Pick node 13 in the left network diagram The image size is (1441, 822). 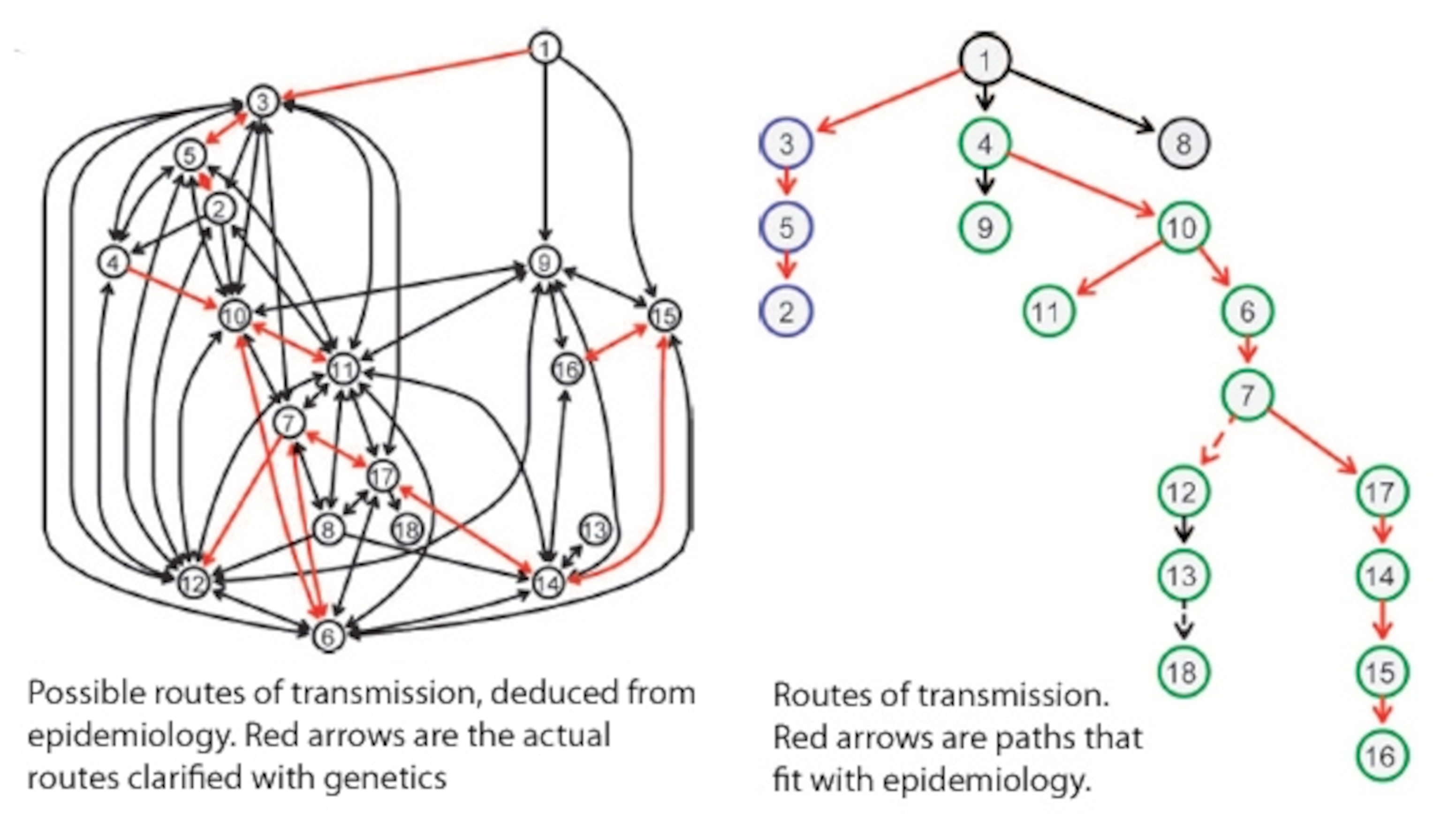[595, 530]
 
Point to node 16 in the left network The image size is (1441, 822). [567, 370]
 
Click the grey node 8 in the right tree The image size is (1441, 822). [1183, 144]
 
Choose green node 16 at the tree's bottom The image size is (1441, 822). [1380, 755]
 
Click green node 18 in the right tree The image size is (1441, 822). [1183, 672]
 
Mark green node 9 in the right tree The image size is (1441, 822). [985, 227]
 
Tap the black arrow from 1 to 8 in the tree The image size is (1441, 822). [1081, 100]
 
